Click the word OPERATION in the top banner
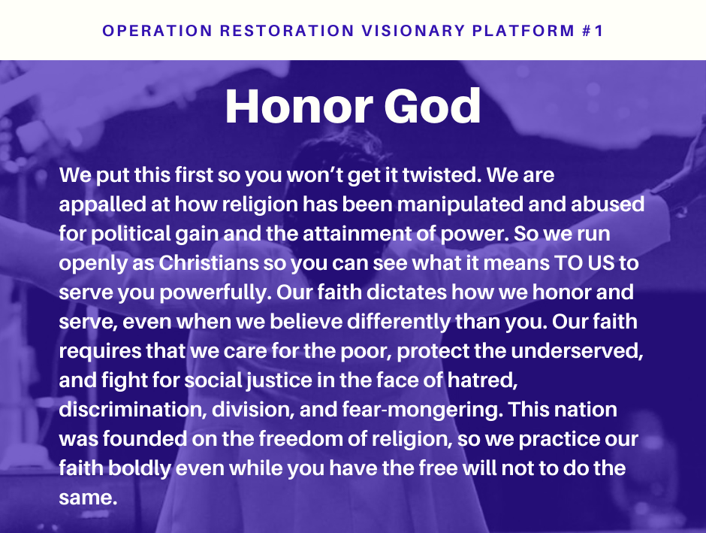click(x=157, y=31)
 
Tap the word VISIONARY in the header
click(x=413, y=31)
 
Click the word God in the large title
click(x=433, y=106)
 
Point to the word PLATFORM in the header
click(x=523, y=31)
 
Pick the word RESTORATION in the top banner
click(x=287, y=31)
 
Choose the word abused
click(x=608, y=204)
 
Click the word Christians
click(x=209, y=262)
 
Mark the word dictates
click(x=407, y=292)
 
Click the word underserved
click(x=578, y=351)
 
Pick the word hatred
click(x=482, y=380)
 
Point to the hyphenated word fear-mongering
click(x=423, y=410)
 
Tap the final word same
click(x=88, y=498)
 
